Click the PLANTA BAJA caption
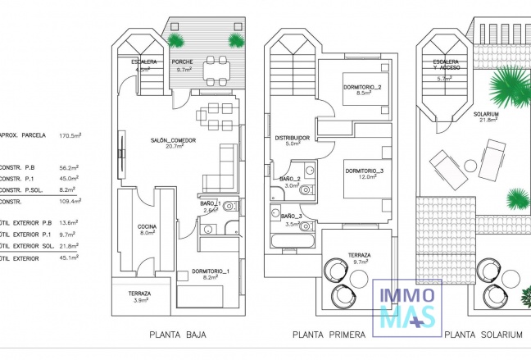178,335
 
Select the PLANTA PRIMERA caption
328,335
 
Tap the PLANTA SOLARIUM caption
483,335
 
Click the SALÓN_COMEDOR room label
172,140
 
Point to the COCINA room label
147,226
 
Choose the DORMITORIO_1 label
211,271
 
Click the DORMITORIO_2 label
364,88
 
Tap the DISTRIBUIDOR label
292,138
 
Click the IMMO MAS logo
407,306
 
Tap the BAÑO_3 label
290,216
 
